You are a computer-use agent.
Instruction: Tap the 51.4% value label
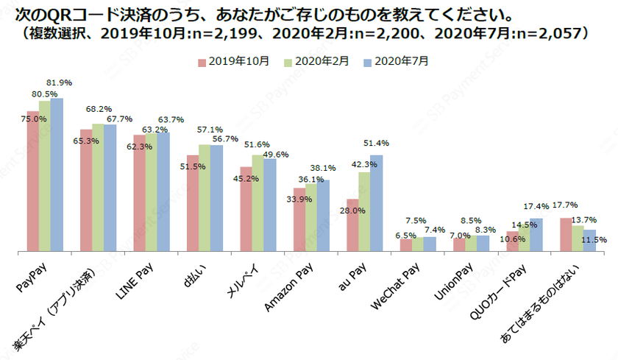[x=375, y=143]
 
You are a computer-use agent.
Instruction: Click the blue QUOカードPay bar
[x=536, y=235]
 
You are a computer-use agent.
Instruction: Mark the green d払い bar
[x=205, y=199]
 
